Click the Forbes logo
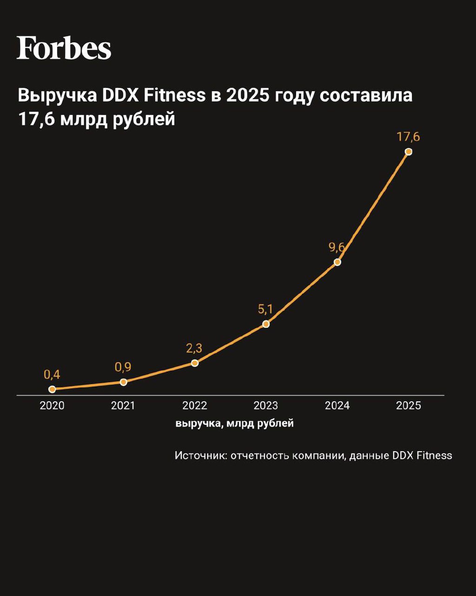pos(64,47)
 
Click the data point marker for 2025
pos(409,151)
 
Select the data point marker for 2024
pos(337,262)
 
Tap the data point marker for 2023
pos(266,324)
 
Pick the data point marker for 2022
pos(195,363)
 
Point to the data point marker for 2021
pos(123,382)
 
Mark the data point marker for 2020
pos(52,389)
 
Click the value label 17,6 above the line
pos(409,137)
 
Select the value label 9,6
pos(337,247)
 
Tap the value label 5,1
pos(265,309)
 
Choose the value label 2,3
pos(194,348)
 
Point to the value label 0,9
pos(123,367)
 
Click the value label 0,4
pos(52,374)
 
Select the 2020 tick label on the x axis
pos(52,406)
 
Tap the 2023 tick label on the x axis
pos(266,406)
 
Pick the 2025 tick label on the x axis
pos(409,406)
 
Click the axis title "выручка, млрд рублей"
pos(235,424)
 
